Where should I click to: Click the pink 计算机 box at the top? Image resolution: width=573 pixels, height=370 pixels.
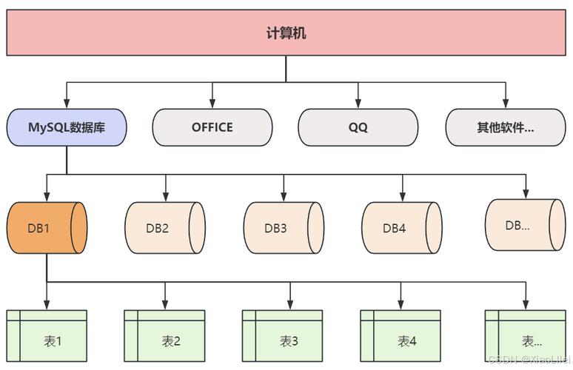coord(286,33)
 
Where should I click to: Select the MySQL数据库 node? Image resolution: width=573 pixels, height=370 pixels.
coord(67,127)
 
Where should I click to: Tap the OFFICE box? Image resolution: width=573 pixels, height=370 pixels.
coord(212,127)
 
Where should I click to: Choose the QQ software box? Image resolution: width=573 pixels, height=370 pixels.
coord(358,127)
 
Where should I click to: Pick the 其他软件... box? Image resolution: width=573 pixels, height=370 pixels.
coord(505,127)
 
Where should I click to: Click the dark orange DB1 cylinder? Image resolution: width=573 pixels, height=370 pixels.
coord(47,228)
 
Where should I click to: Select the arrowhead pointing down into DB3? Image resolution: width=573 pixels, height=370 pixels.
coord(284,197)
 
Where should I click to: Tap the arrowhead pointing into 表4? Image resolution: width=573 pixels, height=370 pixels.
coord(401,305)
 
